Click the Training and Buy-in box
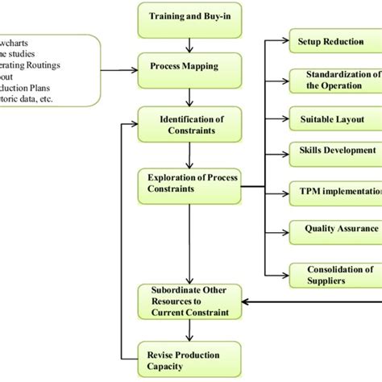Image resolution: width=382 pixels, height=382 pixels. coord(188,16)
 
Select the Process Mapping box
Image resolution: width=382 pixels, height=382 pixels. coord(188,68)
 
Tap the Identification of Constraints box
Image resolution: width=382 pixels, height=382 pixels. coord(188,125)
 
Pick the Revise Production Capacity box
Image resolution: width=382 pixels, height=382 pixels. coord(188,357)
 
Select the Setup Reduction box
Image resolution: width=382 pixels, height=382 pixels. coord(330,40)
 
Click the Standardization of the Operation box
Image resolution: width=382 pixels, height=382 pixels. coord(330,79)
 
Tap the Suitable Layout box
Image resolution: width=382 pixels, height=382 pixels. coord(330,119)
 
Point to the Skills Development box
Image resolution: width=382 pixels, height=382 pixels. coord(330,151)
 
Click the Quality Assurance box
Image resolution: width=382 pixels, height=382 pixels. coord(330,229)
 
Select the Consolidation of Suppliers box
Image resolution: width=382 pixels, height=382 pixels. coord(330,275)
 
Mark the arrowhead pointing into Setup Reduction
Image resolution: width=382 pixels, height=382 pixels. coord(284,40)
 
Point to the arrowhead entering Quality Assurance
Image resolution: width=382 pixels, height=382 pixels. coord(284,230)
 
